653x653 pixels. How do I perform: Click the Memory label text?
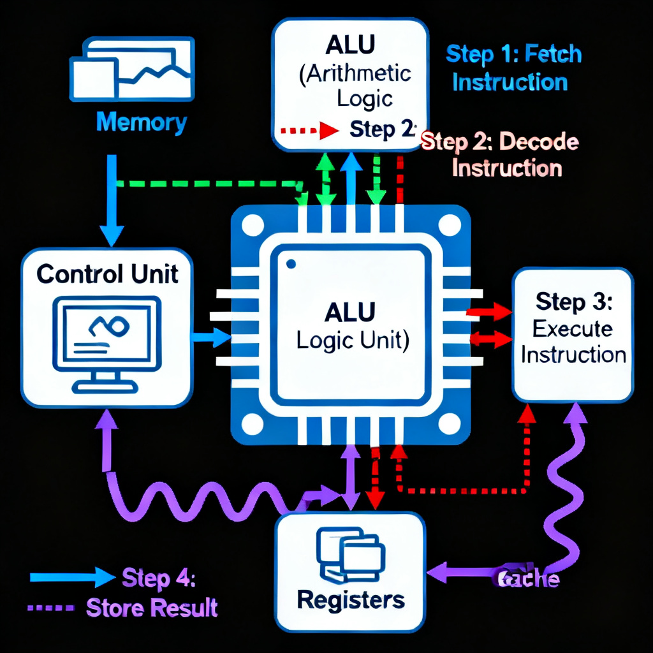click(142, 122)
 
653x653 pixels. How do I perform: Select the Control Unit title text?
click(107, 274)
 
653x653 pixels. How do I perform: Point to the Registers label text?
click(351, 599)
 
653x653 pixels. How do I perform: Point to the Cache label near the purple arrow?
click(527, 579)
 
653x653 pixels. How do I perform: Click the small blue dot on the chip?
click(291, 263)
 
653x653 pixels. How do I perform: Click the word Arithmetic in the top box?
click(355, 74)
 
